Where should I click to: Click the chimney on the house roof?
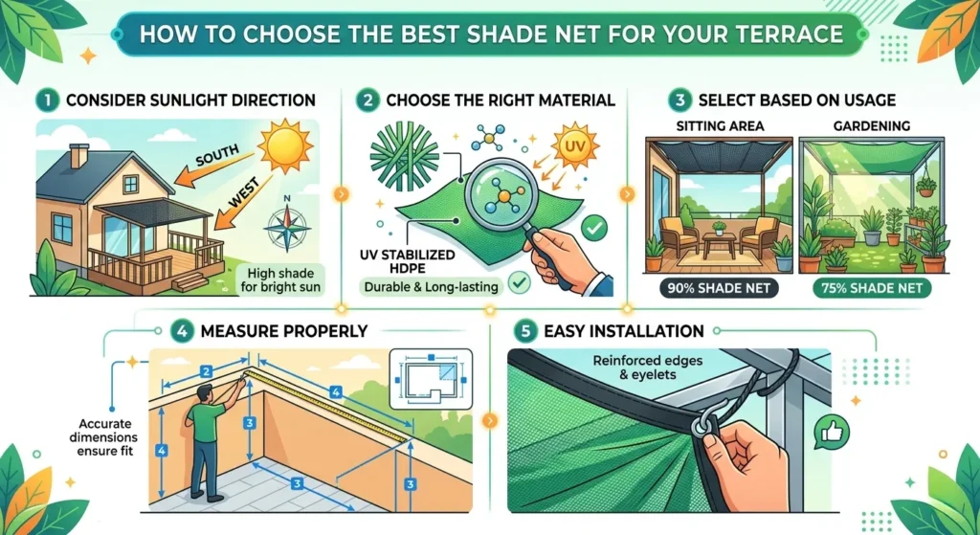pyautogui.click(x=78, y=155)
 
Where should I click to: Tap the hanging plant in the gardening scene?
pyautogui.click(x=925, y=183)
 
